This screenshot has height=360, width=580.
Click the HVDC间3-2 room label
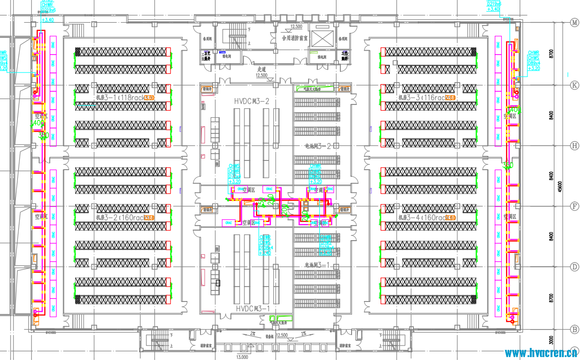[252, 101]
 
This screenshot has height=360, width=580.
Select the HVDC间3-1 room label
[252, 308]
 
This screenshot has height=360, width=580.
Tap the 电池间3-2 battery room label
[316, 145]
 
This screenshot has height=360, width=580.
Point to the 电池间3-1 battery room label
[316, 265]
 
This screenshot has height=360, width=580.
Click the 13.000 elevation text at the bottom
[242, 357]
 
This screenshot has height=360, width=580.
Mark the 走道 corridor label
[261, 70]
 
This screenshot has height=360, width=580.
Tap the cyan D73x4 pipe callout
[234, 174]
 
